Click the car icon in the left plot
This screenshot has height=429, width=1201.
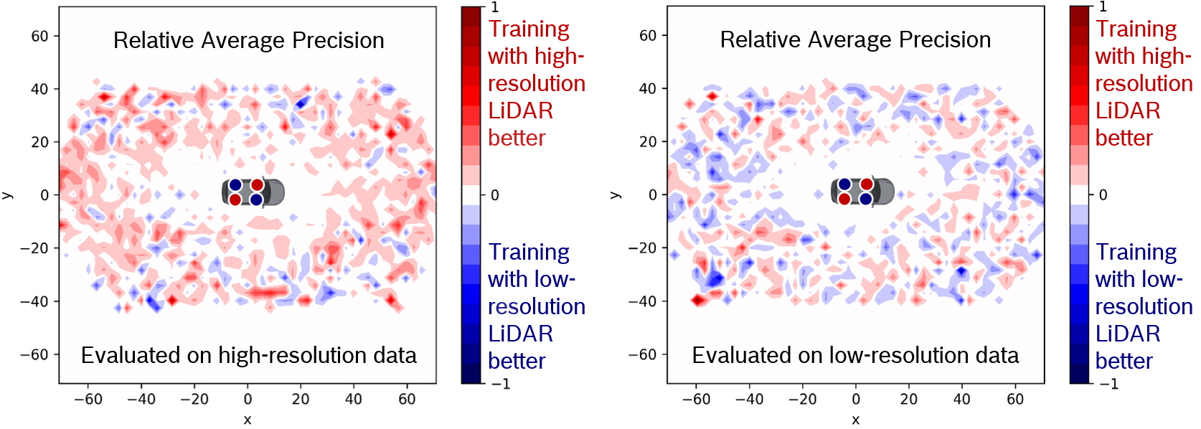click(253, 192)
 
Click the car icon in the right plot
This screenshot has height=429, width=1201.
click(862, 192)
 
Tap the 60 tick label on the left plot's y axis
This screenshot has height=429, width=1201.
click(39, 36)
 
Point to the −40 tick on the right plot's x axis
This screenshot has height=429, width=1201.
click(749, 399)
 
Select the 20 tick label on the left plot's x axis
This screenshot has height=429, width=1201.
click(300, 399)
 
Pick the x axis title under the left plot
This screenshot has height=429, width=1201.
click(248, 420)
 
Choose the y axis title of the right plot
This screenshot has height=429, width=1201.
click(616, 194)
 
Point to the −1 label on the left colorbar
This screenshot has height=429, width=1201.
click(501, 384)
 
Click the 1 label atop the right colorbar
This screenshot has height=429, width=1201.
click(1103, 7)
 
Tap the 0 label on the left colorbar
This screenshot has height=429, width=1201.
click(495, 195)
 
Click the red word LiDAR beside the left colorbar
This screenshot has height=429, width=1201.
click(520, 110)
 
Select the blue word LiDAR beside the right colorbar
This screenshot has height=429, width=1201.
click(1128, 334)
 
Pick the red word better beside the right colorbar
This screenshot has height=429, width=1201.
click(1124, 138)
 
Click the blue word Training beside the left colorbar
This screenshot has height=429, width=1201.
click(529, 252)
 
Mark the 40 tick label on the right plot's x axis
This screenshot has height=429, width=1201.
click(962, 399)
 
